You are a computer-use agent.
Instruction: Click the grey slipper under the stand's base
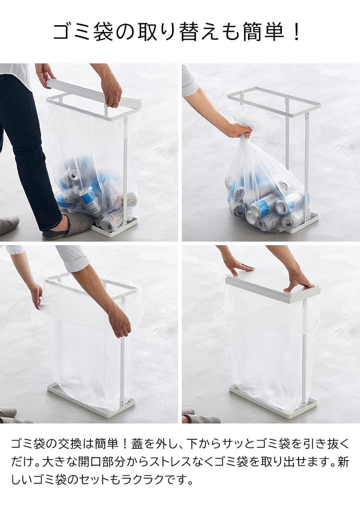coord(76,223)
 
